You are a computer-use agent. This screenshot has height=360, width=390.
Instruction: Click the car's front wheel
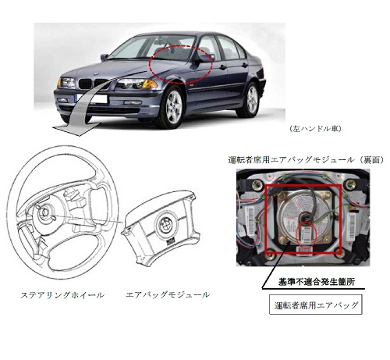[172, 107]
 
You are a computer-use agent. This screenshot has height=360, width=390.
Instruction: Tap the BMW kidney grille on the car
[93, 84]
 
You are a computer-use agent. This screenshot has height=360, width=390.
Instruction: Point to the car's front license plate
[93, 99]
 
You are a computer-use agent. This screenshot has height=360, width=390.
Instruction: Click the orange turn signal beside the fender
[150, 84]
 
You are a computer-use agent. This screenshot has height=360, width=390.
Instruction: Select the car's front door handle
[222, 67]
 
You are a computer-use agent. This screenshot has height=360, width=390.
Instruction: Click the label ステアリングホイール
[62, 295]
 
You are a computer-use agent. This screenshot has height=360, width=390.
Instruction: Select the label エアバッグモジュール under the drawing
[168, 295]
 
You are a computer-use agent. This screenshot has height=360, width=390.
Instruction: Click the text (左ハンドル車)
[315, 129]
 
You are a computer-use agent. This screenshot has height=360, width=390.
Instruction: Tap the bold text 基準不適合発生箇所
[317, 282]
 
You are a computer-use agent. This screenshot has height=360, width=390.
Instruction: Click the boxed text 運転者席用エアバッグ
[316, 305]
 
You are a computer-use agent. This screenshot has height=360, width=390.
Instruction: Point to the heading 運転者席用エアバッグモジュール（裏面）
[306, 160]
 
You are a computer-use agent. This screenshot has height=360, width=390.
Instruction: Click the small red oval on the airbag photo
[307, 233]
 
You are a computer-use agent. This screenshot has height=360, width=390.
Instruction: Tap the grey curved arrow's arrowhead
[76, 129]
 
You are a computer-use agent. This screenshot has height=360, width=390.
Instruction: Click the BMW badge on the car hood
[96, 74]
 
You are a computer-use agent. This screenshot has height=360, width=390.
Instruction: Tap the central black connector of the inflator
[305, 216]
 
